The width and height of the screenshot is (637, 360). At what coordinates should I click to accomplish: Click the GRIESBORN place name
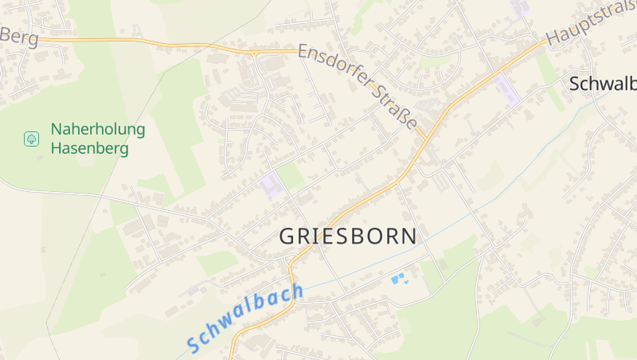click(348, 236)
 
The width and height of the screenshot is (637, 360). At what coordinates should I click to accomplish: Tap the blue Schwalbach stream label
click(246, 319)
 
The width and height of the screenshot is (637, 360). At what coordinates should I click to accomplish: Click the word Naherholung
click(98, 129)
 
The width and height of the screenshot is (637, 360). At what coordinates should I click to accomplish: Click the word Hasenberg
click(89, 147)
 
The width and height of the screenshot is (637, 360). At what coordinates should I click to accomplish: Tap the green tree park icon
click(31, 139)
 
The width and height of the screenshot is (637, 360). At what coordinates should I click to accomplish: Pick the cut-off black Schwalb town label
click(603, 84)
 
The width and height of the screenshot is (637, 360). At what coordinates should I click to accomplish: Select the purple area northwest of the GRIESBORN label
click(271, 184)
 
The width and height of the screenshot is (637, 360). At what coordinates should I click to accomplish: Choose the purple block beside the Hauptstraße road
click(506, 89)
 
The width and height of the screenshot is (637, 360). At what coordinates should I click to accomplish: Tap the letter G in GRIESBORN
click(287, 237)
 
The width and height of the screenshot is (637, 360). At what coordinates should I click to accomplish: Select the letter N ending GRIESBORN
click(408, 236)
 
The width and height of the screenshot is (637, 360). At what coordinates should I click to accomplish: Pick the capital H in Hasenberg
click(57, 147)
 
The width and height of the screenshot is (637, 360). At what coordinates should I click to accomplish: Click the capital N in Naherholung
click(57, 129)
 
